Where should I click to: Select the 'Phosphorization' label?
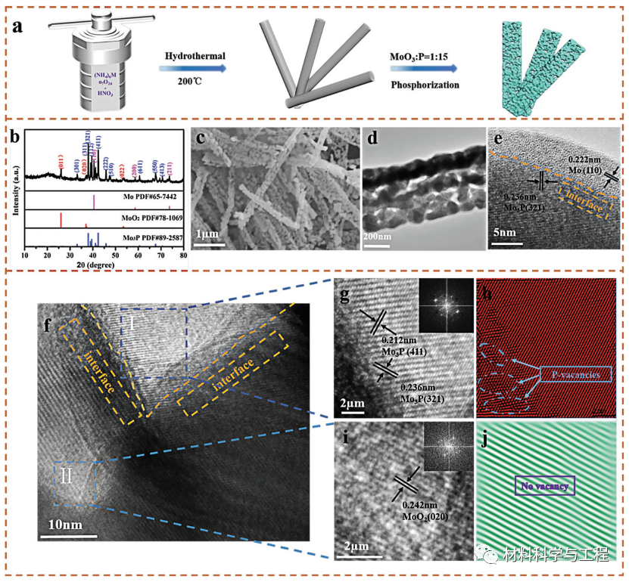click(x=425, y=85)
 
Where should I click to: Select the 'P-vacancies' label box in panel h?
click(x=575, y=374)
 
